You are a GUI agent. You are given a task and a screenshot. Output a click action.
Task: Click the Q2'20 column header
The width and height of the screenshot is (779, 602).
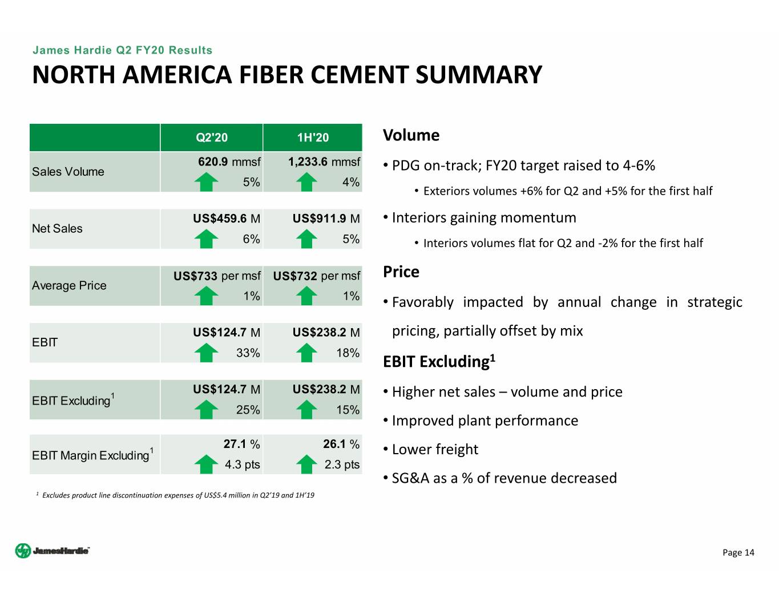pyautogui.click(x=212, y=138)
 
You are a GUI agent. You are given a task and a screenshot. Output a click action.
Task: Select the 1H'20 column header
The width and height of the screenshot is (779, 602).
pyautogui.click(x=313, y=138)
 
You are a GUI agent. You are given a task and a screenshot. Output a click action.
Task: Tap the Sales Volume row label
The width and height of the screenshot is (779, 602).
pyautogui.click(x=68, y=172)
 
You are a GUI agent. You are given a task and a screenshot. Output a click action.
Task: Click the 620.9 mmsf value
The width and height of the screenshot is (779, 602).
pyautogui.click(x=229, y=161)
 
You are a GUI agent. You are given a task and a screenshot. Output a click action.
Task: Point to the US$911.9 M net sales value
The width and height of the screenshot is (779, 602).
pyautogui.click(x=326, y=219)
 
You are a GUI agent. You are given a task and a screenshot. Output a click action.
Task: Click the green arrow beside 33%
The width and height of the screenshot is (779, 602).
pyautogui.click(x=206, y=353)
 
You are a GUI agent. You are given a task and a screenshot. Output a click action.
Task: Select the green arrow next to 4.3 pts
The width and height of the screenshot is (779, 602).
pyautogui.click(x=206, y=464)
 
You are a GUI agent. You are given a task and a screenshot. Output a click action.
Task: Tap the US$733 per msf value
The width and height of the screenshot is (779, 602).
pyautogui.click(x=217, y=276)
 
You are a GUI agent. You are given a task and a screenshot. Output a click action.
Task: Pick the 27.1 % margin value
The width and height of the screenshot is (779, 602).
pyautogui.click(x=241, y=444)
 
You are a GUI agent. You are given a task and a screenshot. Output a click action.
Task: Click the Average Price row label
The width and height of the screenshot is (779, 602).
pyautogui.click(x=69, y=285)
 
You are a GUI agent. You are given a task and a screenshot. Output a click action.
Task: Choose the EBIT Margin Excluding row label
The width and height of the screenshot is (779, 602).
pyautogui.click(x=93, y=455)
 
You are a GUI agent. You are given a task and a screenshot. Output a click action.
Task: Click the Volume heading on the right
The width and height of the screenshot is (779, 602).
pyautogui.click(x=411, y=135)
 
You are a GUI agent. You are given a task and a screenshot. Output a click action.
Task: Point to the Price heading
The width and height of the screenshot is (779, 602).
pyautogui.click(x=401, y=272)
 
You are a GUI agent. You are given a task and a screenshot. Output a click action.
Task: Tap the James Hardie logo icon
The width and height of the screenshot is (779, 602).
pyautogui.click(x=23, y=551)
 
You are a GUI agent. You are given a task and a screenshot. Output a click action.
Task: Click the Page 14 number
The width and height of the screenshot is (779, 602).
pyautogui.click(x=738, y=552)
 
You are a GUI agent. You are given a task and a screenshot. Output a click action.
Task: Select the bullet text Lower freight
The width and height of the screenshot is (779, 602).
pyautogui.click(x=435, y=449)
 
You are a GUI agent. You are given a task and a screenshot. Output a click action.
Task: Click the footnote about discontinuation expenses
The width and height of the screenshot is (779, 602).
pyautogui.click(x=175, y=495)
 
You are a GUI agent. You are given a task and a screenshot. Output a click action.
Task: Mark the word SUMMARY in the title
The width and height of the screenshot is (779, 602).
pyautogui.click(x=479, y=75)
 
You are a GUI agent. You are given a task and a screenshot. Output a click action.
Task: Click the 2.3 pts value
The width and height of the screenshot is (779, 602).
pyautogui.click(x=342, y=464)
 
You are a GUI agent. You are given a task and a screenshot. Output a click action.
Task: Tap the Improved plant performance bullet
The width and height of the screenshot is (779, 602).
pyautogui.click(x=485, y=421)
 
